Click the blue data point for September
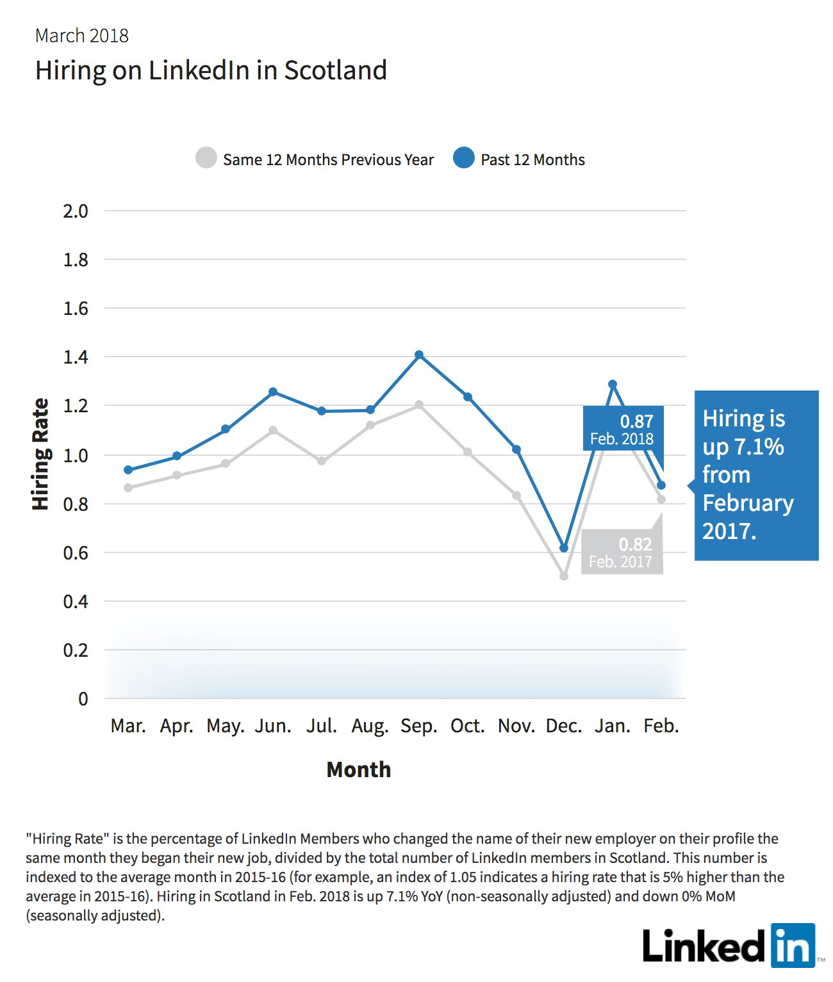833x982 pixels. point(419,355)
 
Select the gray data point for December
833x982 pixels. point(564,576)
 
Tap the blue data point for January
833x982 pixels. point(613,384)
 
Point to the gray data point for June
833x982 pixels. point(273,430)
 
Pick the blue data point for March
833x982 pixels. point(128,470)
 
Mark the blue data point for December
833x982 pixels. point(564,548)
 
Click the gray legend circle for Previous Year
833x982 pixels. point(206,157)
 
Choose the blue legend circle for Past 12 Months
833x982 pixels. point(463,157)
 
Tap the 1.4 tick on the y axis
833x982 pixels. point(76,357)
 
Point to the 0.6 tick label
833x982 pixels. point(76,553)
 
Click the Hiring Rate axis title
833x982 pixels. point(40,454)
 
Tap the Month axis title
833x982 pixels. point(358,769)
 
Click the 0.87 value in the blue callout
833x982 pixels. point(637,421)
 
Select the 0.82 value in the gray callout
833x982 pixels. point(635,544)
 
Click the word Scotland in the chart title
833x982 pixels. point(336,70)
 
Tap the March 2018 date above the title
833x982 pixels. point(82,36)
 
